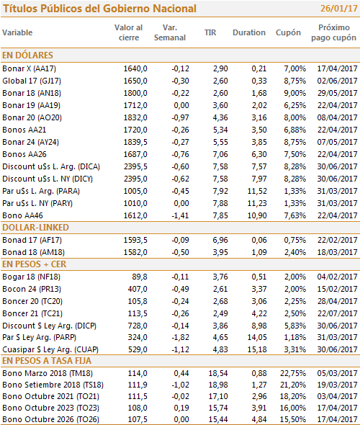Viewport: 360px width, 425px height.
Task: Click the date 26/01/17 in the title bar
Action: tap(339, 9)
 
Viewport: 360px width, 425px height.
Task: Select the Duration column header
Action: tap(249, 32)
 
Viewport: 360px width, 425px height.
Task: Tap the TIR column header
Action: tap(210, 32)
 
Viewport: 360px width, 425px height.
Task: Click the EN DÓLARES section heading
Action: tap(27, 55)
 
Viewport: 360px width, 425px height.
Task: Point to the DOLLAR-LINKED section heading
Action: tap(35, 228)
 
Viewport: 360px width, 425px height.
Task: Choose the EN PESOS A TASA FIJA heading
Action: tap(47, 361)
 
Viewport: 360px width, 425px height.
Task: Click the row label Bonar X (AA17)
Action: tap(30, 68)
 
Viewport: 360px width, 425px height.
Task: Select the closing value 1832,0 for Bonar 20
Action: tap(135, 117)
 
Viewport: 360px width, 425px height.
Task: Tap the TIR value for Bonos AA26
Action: tap(220, 154)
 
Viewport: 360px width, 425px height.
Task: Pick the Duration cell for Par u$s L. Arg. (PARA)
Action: tap(257, 191)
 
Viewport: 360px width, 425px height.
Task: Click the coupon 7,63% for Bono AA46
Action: tap(294, 215)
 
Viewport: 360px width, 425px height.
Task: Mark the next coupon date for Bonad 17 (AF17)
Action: tap(337, 240)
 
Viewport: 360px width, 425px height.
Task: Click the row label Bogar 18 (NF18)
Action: tap(32, 277)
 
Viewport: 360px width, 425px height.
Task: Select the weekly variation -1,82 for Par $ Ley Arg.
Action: tap(180, 337)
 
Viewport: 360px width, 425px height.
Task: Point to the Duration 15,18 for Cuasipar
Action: tap(257, 349)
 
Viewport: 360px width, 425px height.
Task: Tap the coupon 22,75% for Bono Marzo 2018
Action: tap(293, 373)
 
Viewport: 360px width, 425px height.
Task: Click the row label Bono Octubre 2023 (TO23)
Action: tap(50, 408)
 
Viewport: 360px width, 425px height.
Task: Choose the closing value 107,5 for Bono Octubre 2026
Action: tap(138, 419)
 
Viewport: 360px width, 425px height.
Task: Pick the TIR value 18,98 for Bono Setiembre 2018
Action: tap(218, 385)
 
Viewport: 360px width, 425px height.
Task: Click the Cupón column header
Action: tap(288, 32)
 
